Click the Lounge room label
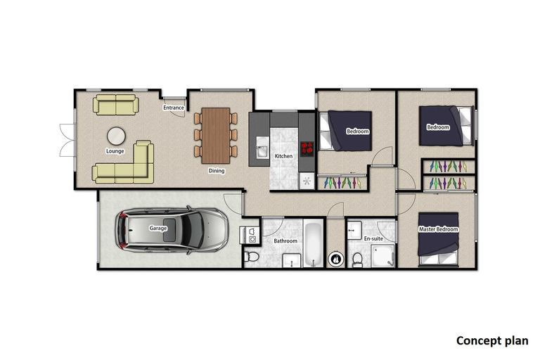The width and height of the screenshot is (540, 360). tap(115, 151)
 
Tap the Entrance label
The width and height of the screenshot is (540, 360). tap(174, 108)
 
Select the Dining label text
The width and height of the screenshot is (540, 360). tap(217, 170)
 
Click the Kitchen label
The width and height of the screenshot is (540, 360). tap(283, 156)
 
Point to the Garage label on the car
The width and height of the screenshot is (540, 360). tap(157, 229)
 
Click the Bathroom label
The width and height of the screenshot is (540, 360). tap(285, 241)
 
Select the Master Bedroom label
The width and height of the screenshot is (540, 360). tap(438, 230)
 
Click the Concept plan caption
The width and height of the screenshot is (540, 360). tap(492, 341)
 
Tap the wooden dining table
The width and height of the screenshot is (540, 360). tap(216, 132)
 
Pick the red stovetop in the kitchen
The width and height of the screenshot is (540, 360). tap(307, 148)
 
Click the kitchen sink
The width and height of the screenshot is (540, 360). tap(262, 150)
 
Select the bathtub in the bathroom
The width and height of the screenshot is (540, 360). tap(314, 244)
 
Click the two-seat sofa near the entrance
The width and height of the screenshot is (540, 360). tap(117, 105)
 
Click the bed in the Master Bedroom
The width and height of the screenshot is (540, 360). tap(439, 239)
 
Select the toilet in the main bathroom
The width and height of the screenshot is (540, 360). tap(253, 259)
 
